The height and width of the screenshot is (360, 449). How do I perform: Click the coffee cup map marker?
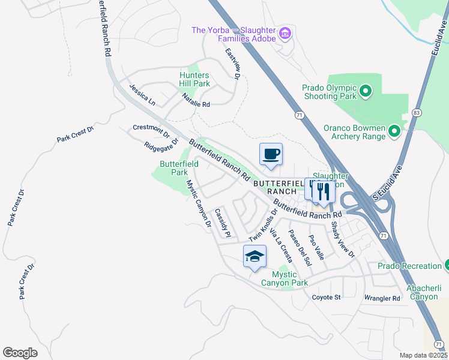pyautogui.click(x=271, y=154)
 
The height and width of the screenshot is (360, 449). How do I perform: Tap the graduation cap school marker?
pyautogui.click(x=255, y=256)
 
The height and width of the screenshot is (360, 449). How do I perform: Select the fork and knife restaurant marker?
pyautogui.click(x=324, y=191)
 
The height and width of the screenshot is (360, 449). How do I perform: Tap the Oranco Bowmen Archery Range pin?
pyautogui.click(x=394, y=130)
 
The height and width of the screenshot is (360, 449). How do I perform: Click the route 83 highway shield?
pyautogui.click(x=416, y=113)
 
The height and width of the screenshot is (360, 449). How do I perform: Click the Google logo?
pyautogui.click(x=20, y=353)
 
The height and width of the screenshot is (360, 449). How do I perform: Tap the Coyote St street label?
pyautogui.click(x=327, y=297)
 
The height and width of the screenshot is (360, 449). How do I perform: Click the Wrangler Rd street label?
pyautogui.click(x=382, y=298)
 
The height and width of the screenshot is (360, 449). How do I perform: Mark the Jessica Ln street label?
pyautogui.click(x=142, y=95)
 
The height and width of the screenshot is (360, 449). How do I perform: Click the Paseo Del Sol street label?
pyautogui.click(x=300, y=247)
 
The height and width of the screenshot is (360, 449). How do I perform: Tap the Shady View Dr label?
pyautogui.click(x=343, y=240)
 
